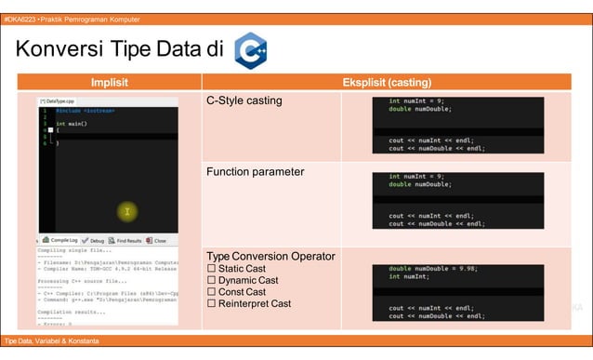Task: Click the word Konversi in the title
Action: click(x=63, y=49)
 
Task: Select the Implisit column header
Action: click(x=109, y=82)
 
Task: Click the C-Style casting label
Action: click(x=244, y=100)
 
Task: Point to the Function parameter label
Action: click(x=255, y=172)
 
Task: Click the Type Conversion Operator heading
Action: click(x=270, y=256)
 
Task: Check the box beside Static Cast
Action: click(x=211, y=268)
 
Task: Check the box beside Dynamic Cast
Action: click(x=211, y=280)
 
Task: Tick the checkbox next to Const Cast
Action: click(x=211, y=292)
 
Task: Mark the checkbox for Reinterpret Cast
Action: click(x=211, y=304)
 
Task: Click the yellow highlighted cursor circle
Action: click(x=126, y=212)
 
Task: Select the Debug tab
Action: click(x=96, y=239)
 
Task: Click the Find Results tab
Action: click(x=128, y=239)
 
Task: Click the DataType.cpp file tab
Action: click(x=58, y=100)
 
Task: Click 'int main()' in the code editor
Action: click(x=72, y=123)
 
